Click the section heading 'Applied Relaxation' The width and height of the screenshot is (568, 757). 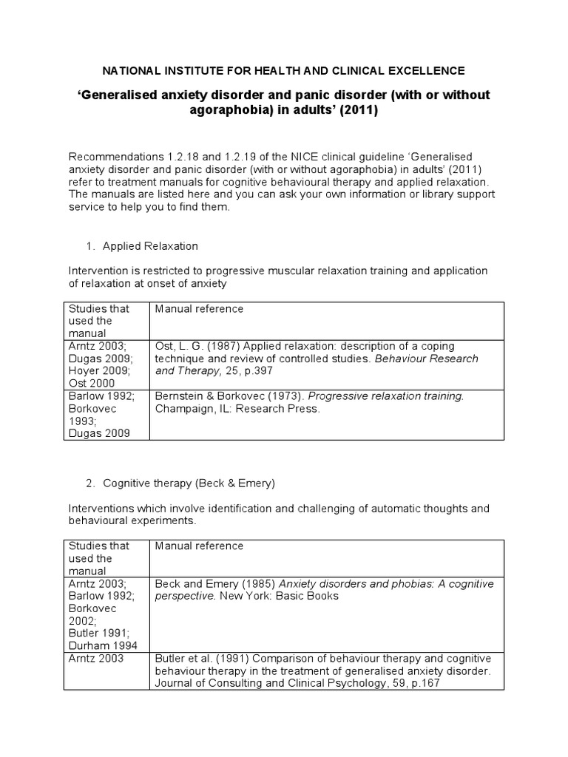click(x=150, y=246)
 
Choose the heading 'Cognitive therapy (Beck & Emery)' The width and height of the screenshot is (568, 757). click(x=189, y=483)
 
